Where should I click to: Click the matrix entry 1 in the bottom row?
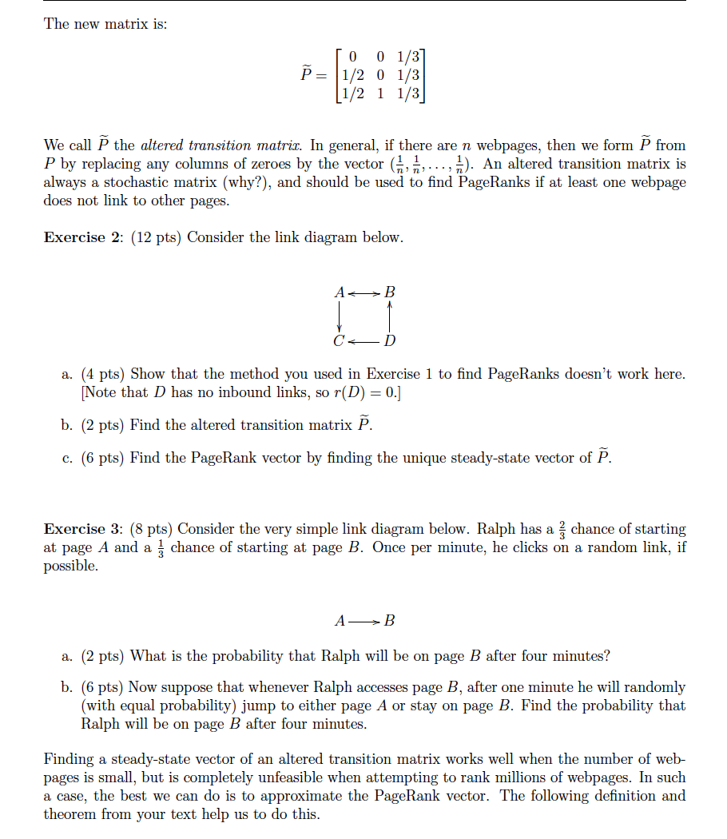coord(381,93)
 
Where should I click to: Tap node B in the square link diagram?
coord(390,292)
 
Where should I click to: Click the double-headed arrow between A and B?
coord(365,292)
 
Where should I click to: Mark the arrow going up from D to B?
coord(390,317)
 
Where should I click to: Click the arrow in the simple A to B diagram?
coord(365,620)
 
